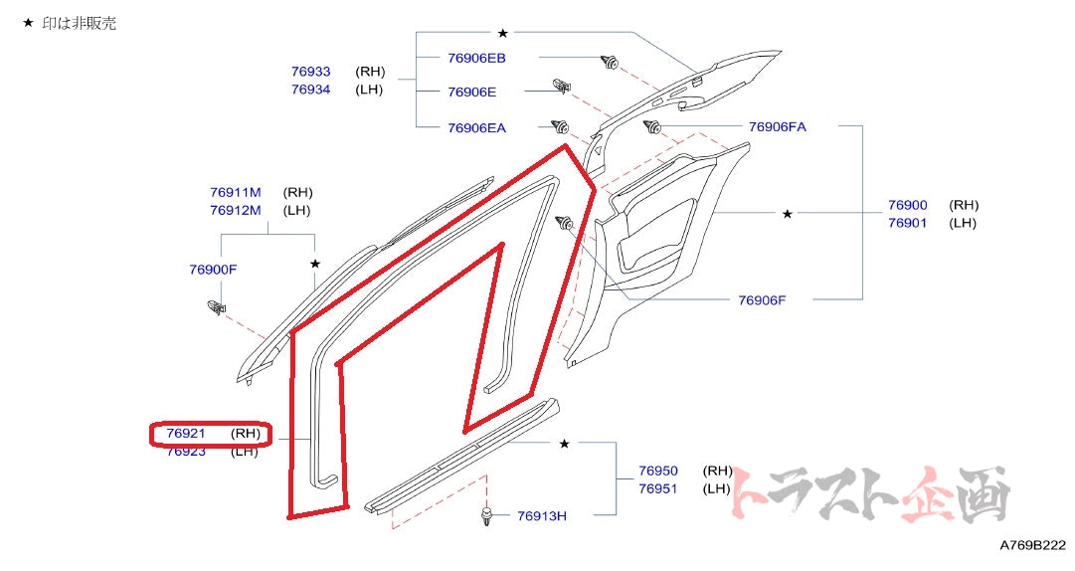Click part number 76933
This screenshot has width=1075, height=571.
(x=310, y=72)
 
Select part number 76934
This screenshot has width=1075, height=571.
(x=310, y=90)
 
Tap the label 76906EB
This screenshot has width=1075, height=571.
(x=476, y=58)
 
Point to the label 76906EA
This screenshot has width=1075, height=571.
(x=476, y=127)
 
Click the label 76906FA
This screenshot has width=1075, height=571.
(x=778, y=126)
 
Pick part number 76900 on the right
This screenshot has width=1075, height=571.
(x=907, y=205)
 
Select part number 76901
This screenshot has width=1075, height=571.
(x=907, y=223)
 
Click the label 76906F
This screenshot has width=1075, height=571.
(x=762, y=299)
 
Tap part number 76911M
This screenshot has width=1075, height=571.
(x=235, y=192)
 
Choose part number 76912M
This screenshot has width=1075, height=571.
(x=235, y=210)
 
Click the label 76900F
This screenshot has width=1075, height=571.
(x=213, y=270)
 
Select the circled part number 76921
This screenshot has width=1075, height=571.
(x=186, y=434)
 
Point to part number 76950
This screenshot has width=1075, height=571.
(x=658, y=471)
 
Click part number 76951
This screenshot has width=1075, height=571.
(x=658, y=488)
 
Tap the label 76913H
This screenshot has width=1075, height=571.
(x=542, y=515)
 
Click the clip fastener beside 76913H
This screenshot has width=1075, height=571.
(x=486, y=514)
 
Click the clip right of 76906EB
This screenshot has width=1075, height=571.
(x=609, y=64)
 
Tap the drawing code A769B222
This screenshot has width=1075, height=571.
(x=1030, y=546)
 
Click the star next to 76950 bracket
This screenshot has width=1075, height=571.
(x=565, y=444)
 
